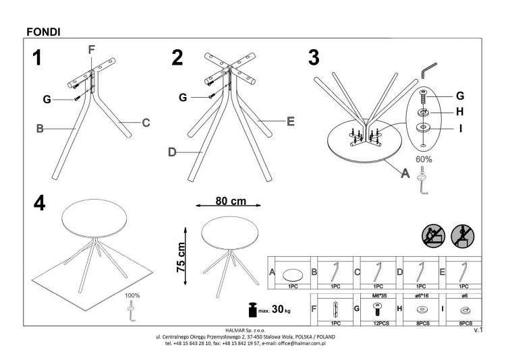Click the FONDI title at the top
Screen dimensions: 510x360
[x=43, y=32]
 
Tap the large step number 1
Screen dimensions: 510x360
[x=37, y=57]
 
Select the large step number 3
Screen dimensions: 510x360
[x=314, y=57]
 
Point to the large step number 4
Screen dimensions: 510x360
[x=39, y=204]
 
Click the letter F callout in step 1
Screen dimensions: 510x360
[x=91, y=50]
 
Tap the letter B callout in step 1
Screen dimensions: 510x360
[x=40, y=129]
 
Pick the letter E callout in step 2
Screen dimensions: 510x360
[x=291, y=121]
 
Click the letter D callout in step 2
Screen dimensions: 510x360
[x=172, y=152]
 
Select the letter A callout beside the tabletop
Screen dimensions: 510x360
[x=405, y=173]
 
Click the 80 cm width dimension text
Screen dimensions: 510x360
[x=231, y=201]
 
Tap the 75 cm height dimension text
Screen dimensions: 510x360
[x=181, y=258]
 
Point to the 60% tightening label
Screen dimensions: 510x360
[x=424, y=160]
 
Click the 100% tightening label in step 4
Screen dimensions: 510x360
[x=132, y=296]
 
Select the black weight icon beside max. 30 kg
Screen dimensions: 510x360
[x=252, y=309]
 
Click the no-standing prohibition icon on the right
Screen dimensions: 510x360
[x=462, y=236]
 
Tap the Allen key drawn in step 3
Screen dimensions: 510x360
[x=428, y=71]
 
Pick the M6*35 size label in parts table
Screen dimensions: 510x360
[x=379, y=296]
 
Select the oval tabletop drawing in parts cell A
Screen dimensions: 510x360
[x=292, y=275]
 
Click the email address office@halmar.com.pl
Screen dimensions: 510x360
[x=302, y=343]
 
